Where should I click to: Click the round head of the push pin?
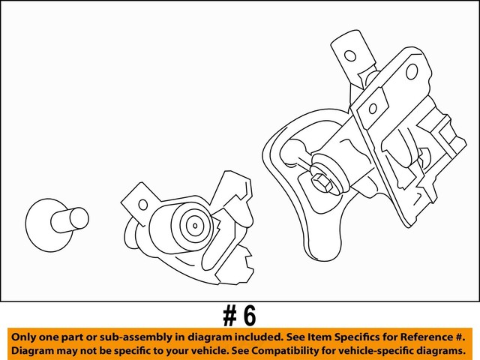(44, 222)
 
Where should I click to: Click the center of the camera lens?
(194, 223)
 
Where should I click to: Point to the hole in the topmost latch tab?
(348, 55)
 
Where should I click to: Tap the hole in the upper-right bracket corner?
(411, 71)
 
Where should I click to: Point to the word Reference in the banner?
(415, 335)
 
